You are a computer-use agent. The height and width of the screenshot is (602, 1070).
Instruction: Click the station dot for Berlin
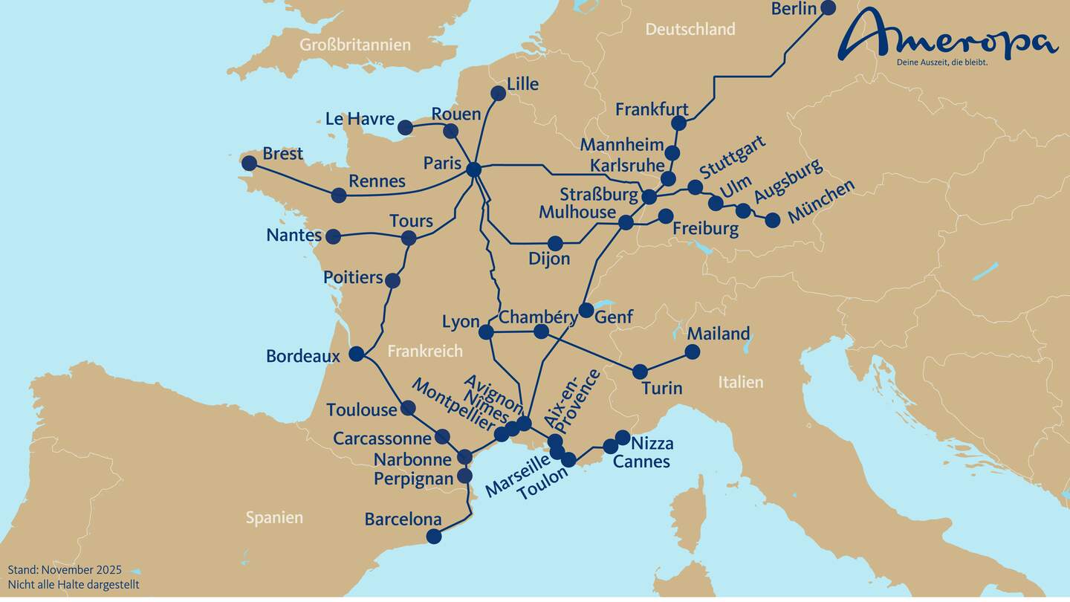[x=827, y=7]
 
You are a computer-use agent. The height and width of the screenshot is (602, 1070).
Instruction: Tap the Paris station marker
[x=473, y=169]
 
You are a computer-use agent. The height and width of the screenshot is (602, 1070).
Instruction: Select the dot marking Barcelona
[x=434, y=536]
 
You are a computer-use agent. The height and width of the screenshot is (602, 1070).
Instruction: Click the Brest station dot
[x=249, y=163]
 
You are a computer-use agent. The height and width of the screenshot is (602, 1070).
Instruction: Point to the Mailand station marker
[x=692, y=352]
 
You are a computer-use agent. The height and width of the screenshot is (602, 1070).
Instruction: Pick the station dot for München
[x=773, y=220]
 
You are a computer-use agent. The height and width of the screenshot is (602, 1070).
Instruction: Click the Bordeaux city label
[x=302, y=356]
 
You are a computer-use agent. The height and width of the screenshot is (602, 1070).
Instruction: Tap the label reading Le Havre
[x=360, y=119]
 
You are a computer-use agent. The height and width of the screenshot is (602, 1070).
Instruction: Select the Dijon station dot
[x=555, y=243]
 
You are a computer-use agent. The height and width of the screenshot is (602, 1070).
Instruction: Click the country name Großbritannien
[x=354, y=45]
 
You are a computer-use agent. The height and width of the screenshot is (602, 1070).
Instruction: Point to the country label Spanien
[x=274, y=518]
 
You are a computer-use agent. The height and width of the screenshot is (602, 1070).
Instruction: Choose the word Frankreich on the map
[x=425, y=352]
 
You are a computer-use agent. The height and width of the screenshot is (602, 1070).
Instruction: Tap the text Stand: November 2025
[x=65, y=570]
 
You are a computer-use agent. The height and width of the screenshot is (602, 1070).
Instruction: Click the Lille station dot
[x=498, y=93]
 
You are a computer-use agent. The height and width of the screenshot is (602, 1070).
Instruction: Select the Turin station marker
[x=640, y=371]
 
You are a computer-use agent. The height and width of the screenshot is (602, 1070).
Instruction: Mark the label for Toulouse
[x=362, y=410]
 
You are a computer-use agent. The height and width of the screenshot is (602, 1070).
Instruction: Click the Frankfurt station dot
[x=678, y=123]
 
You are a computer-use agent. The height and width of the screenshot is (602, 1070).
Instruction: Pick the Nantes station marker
[x=333, y=236]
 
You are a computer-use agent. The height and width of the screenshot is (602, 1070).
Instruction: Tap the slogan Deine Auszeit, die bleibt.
[x=942, y=62]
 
